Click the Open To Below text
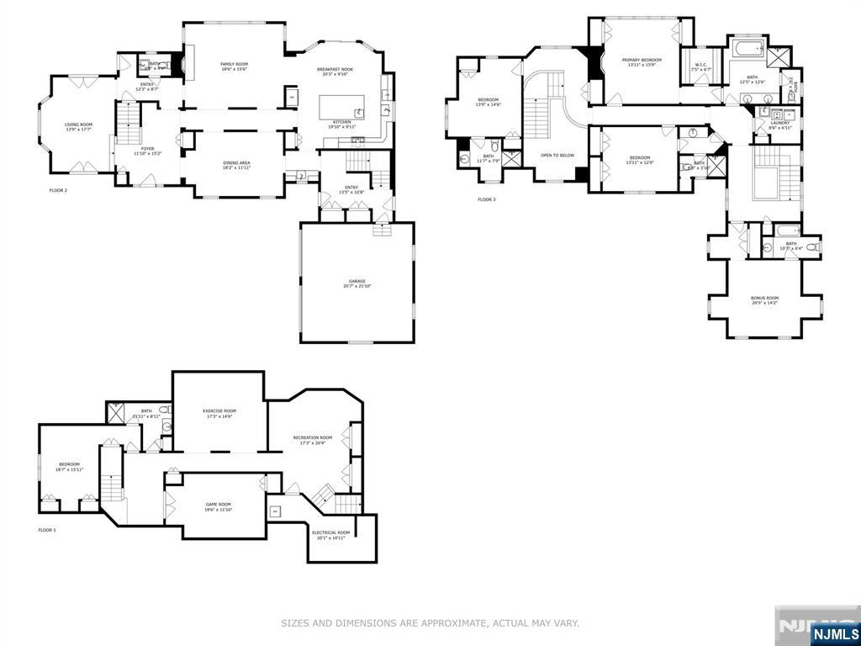[x=557, y=155]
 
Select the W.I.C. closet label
[x=701, y=67]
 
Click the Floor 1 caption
[x=47, y=530]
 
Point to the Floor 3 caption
[x=487, y=199]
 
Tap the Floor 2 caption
[x=58, y=190]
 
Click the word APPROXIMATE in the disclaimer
[x=454, y=623]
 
